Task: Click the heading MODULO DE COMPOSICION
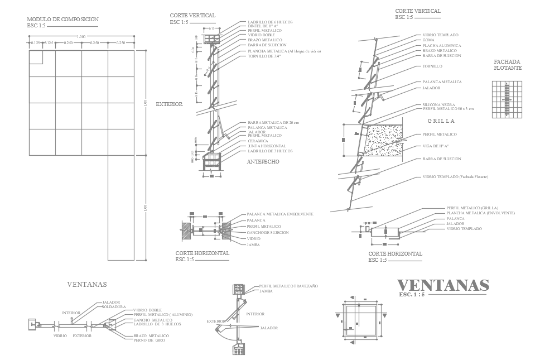[62, 20]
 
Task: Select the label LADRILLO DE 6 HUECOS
[270, 22]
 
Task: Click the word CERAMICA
[258, 141]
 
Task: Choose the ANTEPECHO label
[263, 162]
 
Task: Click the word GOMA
[428, 40]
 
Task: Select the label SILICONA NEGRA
[438, 105]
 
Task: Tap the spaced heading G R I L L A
[441, 121]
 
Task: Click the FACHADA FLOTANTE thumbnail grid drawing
[507, 99]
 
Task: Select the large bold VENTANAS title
[443, 285]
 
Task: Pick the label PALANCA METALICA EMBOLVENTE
[280, 214]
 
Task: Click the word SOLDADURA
[113, 306]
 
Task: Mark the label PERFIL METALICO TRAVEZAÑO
[288, 286]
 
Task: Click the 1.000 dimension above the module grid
[82, 37]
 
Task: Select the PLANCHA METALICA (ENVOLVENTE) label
[480, 213]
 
